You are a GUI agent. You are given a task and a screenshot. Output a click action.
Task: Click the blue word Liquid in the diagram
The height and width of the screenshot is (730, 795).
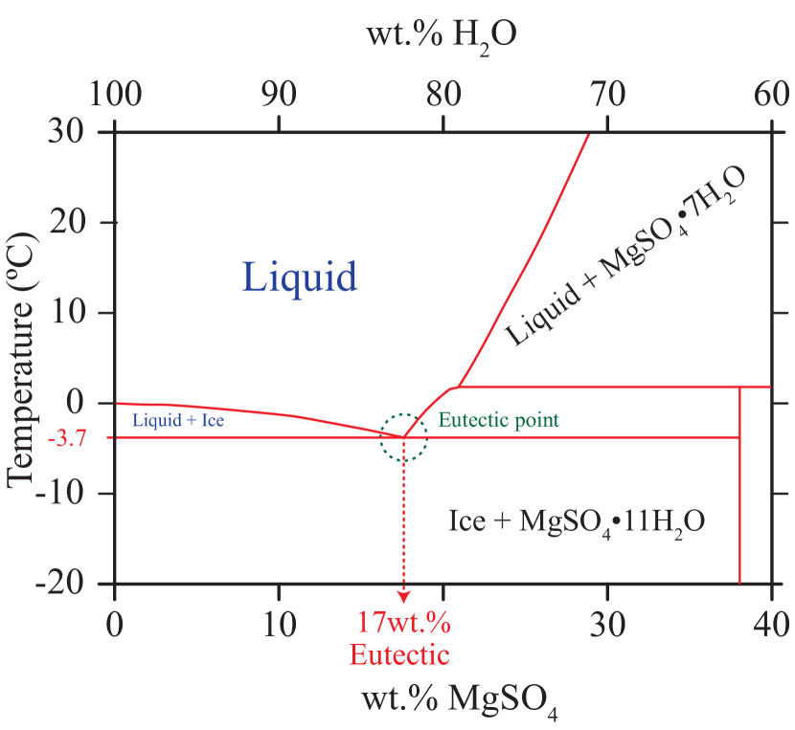[x=300, y=277]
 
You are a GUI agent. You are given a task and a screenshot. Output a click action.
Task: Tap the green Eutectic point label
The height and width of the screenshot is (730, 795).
[x=498, y=419]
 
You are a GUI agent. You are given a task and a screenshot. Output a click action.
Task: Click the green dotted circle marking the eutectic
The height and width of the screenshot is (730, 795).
[x=403, y=437]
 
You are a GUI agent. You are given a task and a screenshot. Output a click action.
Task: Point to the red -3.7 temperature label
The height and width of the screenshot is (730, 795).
[x=84, y=437]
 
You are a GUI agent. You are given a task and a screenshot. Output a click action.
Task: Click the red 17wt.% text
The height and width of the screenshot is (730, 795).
[x=403, y=624]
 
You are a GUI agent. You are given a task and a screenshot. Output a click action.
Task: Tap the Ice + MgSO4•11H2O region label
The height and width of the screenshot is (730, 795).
[x=577, y=521]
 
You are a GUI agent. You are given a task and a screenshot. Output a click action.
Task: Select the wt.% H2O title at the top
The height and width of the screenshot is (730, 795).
[x=442, y=34]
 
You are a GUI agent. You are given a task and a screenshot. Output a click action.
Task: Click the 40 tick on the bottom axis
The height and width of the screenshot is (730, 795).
[x=771, y=625]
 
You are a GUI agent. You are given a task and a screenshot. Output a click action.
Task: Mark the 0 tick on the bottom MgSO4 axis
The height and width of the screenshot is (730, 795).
[x=115, y=625]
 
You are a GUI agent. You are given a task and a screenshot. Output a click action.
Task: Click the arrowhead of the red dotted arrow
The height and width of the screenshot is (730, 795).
[x=403, y=597]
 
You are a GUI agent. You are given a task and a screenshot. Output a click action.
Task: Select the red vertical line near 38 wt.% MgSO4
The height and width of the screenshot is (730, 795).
[x=739, y=488]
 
